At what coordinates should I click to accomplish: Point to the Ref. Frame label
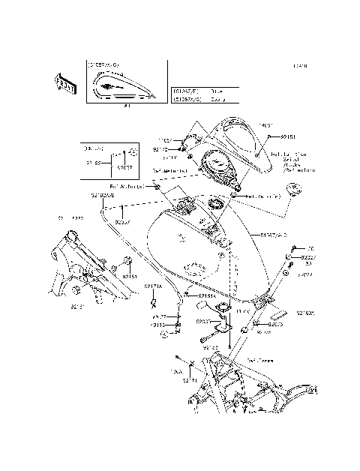pyautogui.click(x=261, y=360)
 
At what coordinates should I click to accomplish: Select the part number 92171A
pyautogui.click(x=154, y=286)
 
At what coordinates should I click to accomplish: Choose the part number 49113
pyautogui.click(x=157, y=325)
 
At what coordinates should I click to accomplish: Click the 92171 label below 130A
pyautogui.click(x=190, y=380)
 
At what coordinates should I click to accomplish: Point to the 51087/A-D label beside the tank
pyautogui.click(x=273, y=235)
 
